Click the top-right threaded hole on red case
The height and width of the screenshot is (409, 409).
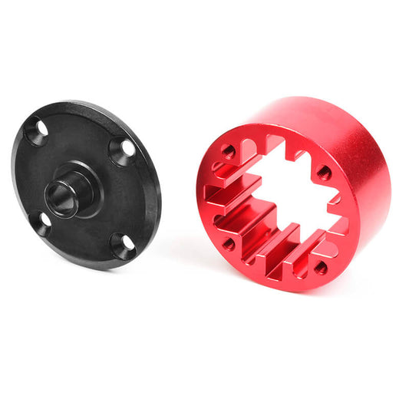(324, 172)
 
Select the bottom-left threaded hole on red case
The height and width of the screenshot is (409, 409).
(228, 244)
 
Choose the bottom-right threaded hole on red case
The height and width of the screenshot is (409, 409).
(321, 268)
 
